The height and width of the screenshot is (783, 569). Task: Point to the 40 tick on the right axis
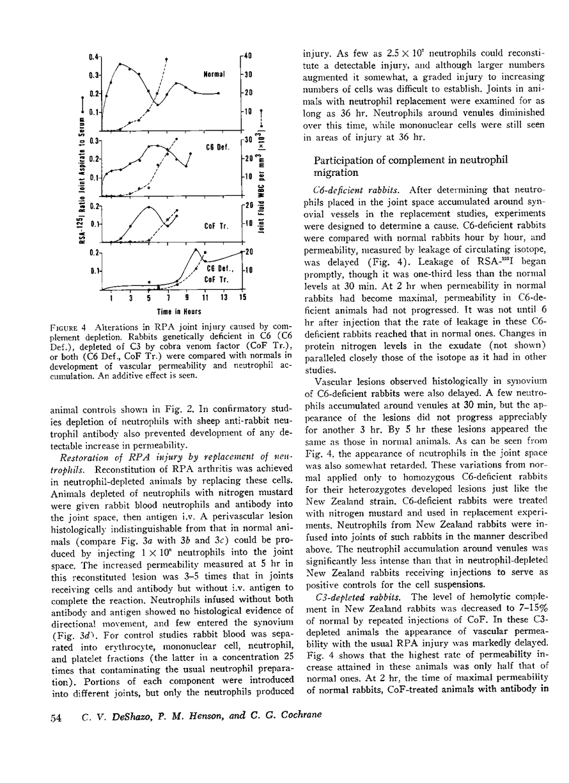[x=249, y=56]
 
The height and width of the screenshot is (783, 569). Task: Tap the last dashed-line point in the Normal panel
[x=166, y=58]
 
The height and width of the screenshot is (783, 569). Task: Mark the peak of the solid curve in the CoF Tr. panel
[x=148, y=207]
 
